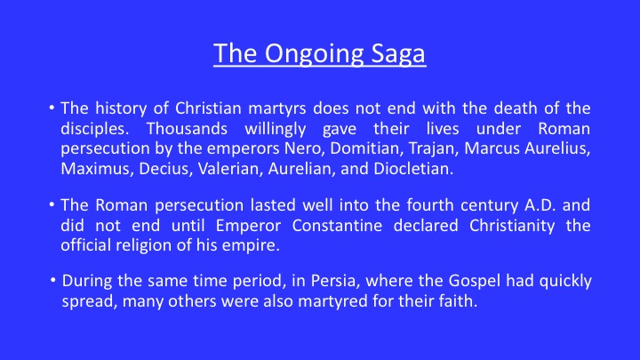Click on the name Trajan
(x=434, y=149)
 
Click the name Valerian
(x=230, y=169)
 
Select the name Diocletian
(x=413, y=169)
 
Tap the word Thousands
(x=187, y=129)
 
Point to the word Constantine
(x=337, y=225)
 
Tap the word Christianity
(x=512, y=226)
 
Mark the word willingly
(x=275, y=130)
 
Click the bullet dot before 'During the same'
(x=53, y=280)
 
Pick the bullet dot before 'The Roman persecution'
(x=52, y=204)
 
